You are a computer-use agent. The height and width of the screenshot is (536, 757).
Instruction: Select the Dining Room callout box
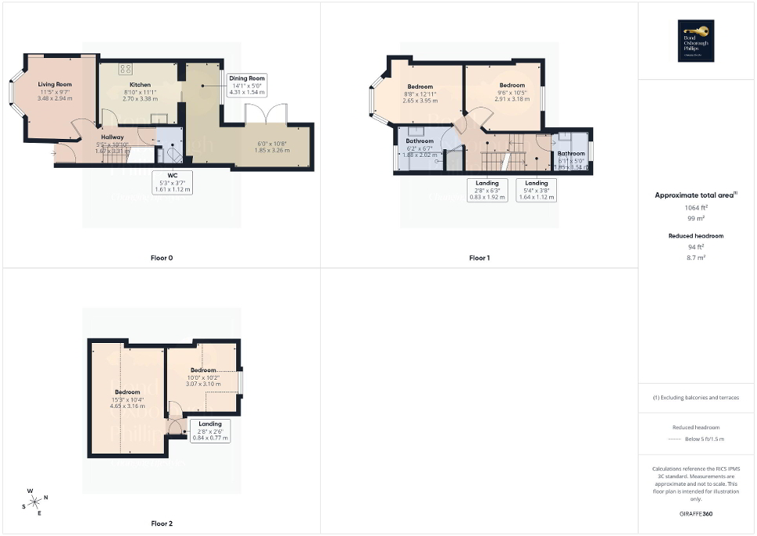click(x=247, y=85)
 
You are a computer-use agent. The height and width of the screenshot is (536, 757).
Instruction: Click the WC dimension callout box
click(x=173, y=182)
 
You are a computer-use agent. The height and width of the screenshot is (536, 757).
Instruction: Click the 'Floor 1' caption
click(x=479, y=257)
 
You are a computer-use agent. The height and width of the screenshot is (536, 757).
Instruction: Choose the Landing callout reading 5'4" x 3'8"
click(x=537, y=190)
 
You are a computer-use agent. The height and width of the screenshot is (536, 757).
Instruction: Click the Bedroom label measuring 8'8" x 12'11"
click(x=420, y=86)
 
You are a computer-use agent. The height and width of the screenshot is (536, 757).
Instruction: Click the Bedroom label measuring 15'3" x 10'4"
click(x=127, y=392)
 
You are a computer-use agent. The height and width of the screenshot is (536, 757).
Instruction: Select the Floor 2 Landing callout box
click(x=210, y=431)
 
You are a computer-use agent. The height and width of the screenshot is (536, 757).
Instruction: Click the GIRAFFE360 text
click(x=697, y=515)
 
